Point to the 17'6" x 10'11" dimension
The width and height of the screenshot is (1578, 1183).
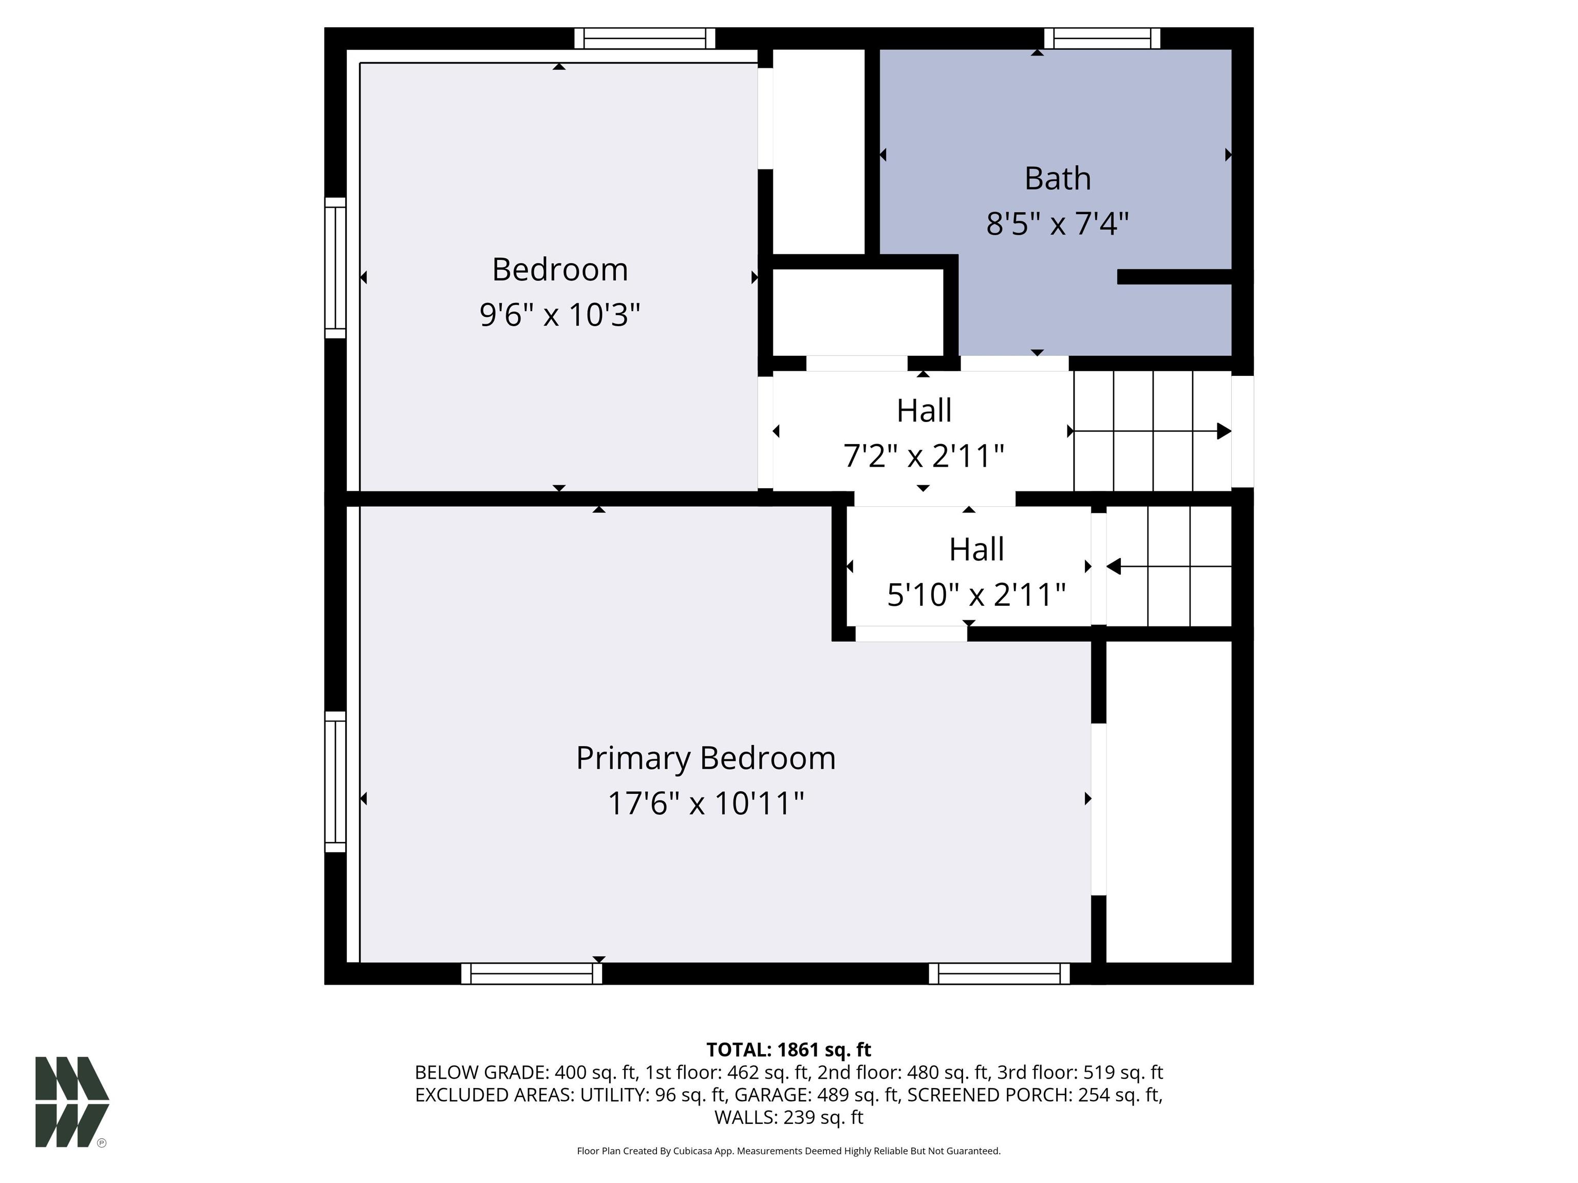(706, 804)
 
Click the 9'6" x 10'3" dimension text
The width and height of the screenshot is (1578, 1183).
(560, 314)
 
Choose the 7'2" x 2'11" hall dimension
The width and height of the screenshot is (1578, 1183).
(924, 455)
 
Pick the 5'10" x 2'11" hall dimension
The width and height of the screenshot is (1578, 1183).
(976, 595)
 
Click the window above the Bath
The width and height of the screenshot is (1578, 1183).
(1102, 39)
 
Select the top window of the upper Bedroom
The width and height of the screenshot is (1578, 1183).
(645, 39)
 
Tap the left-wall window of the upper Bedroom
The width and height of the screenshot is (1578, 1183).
(335, 268)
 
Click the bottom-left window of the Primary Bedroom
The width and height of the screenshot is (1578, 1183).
(532, 974)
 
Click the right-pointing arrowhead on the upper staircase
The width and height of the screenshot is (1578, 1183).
(1224, 431)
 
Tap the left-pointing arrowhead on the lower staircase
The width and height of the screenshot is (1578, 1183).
(1114, 566)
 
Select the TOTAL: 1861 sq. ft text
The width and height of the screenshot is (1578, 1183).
(788, 1050)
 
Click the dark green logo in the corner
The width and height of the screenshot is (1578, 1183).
(72, 1102)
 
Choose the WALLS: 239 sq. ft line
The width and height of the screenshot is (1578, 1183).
(788, 1117)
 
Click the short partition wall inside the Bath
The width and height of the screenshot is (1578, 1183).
(1174, 277)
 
